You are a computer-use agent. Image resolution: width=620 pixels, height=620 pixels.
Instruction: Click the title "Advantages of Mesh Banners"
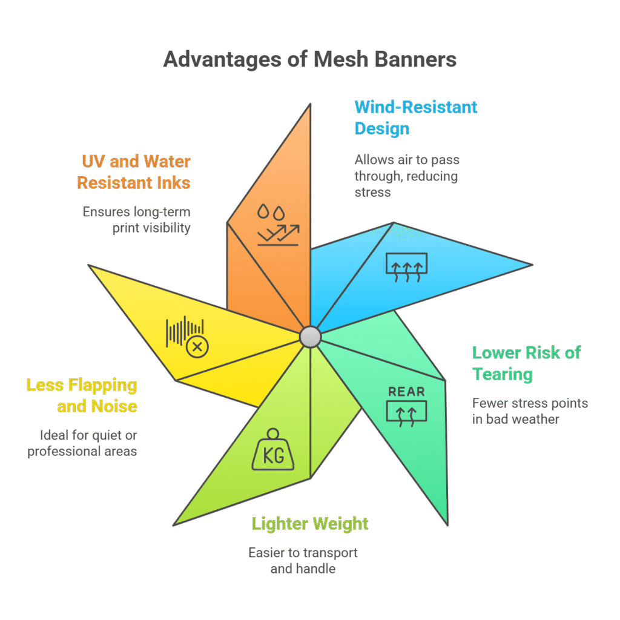point(309,60)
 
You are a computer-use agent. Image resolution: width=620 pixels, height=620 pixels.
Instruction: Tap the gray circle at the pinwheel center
point(310,336)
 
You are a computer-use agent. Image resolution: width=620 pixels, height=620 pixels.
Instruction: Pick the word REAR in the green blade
point(407,391)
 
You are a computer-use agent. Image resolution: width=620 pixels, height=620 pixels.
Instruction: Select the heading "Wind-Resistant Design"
point(415,117)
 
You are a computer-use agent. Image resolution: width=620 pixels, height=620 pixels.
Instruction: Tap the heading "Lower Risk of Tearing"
point(526,363)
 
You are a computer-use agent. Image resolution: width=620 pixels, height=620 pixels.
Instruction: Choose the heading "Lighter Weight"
point(310,523)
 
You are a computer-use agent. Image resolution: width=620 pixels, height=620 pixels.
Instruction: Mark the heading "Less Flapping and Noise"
point(82,395)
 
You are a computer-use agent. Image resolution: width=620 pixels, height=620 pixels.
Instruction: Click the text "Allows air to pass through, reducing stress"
point(407,176)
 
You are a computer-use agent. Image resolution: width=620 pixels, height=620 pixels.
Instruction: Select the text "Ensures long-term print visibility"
point(136,219)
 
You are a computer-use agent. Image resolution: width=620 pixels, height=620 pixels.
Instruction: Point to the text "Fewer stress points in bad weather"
point(530,411)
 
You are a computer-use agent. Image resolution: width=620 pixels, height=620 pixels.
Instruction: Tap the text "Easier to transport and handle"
point(303,561)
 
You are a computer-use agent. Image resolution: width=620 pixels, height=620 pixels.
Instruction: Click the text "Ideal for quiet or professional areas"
point(82,443)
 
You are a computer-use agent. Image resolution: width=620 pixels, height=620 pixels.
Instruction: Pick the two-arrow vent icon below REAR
point(407,412)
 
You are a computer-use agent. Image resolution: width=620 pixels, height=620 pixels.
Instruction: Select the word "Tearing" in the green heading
point(503,374)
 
